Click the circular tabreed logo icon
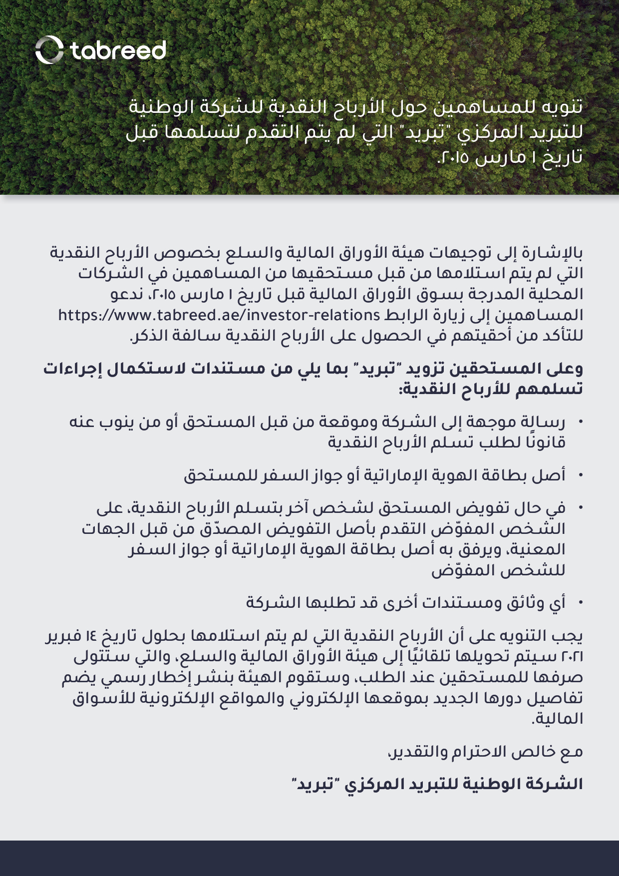49,50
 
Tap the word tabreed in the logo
118,50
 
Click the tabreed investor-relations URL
219,316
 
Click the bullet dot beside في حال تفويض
580,508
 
